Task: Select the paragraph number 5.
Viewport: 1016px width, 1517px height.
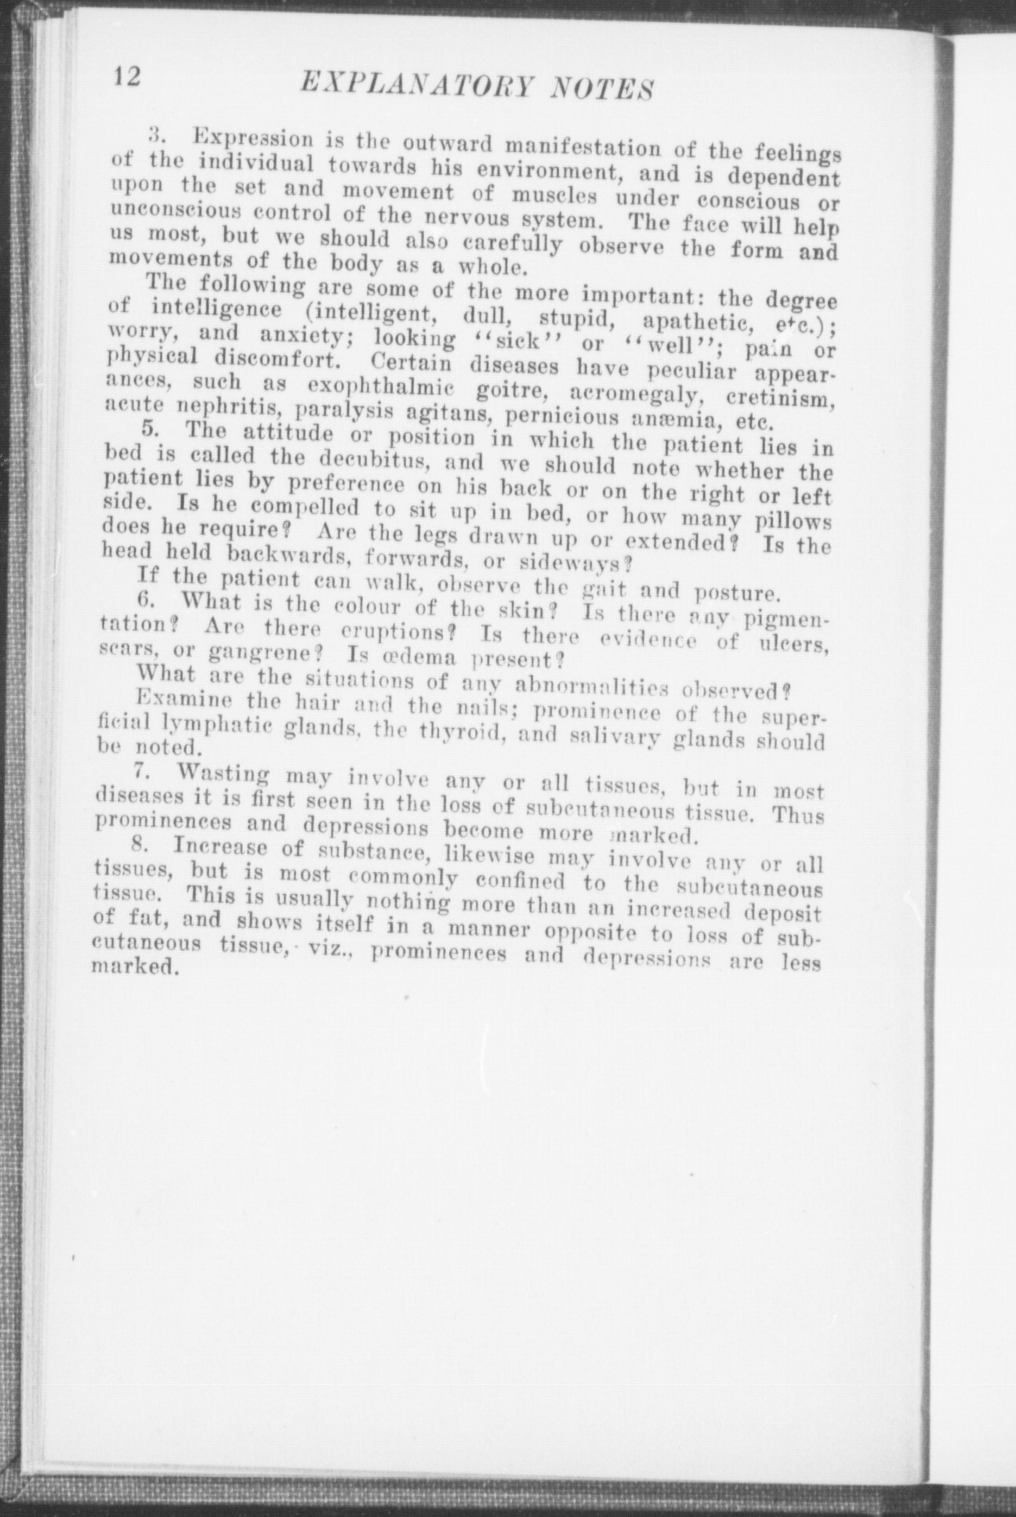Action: coord(151,429)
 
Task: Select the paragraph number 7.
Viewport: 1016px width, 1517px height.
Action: coord(142,769)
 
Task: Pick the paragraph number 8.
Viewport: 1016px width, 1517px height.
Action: coord(141,845)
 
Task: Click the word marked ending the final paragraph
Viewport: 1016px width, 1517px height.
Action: coord(130,967)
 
